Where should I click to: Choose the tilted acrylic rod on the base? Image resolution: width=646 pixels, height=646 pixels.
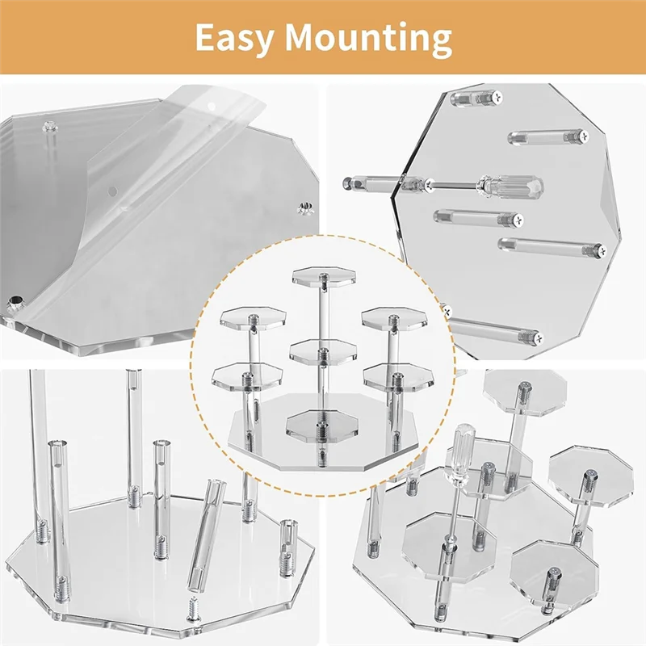207,533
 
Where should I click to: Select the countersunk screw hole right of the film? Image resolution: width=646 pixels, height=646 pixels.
306,209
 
